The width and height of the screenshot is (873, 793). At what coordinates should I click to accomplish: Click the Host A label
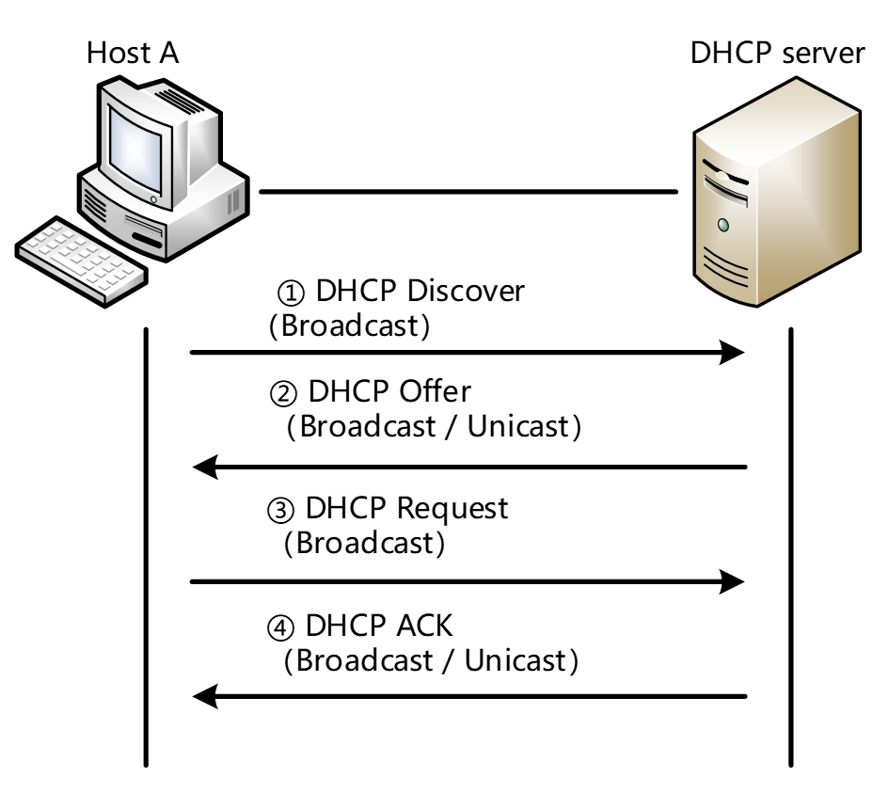tap(133, 54)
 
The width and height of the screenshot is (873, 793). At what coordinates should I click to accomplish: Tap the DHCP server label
tap(777, 54)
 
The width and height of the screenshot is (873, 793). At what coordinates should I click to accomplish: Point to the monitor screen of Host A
tap(135, 150)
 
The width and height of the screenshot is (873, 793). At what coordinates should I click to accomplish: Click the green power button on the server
tap(723, 225)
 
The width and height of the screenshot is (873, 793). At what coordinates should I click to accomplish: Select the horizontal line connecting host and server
tap(468, 192)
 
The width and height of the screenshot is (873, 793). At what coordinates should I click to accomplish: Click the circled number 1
tap(291, 293)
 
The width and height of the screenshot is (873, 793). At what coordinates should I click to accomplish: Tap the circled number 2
tap(283, 394)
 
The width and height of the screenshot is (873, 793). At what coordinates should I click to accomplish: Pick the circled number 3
tap(280, 511)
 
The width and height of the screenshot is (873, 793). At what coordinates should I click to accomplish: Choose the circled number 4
tap(280, 628)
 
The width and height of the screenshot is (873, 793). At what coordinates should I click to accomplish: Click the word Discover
tap(466, 291)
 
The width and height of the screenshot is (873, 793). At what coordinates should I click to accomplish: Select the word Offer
tap(436, 391)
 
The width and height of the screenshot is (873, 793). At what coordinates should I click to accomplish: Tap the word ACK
tap(424, 626)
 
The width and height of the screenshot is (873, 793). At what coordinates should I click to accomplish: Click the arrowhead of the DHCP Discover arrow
tap(732, 352)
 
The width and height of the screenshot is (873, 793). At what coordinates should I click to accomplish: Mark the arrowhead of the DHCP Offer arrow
tap(205, 467)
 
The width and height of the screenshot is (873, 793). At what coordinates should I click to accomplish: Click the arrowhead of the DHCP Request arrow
tap(732, 582)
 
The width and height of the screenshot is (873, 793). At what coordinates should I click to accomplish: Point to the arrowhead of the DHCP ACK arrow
tap(205, 696)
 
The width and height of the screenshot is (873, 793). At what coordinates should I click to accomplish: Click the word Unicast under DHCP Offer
tap(518, 426)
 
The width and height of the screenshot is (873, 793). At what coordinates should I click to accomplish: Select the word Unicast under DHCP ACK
tap(516, 661)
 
